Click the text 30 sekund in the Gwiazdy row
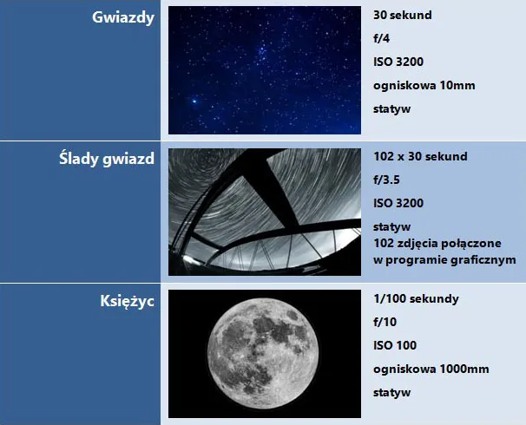coord(402,16)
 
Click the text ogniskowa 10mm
coord(424,86)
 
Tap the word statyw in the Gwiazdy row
coord(391,109)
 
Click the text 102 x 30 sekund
coord(420,157)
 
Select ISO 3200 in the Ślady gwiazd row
coord(398,204)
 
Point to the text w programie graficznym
coord(444,258)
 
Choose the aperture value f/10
coord(385,322)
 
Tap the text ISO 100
coord(395,345)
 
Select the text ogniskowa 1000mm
coord(431,369)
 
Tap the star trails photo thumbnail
coord(265,212)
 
